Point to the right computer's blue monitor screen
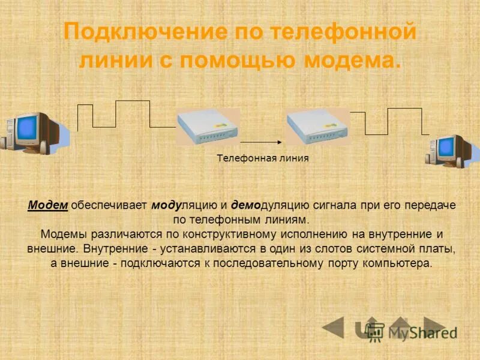446,147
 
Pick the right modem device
317,127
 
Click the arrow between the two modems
262,142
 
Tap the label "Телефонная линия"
263,158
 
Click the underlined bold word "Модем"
48,205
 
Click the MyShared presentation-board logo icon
376,331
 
